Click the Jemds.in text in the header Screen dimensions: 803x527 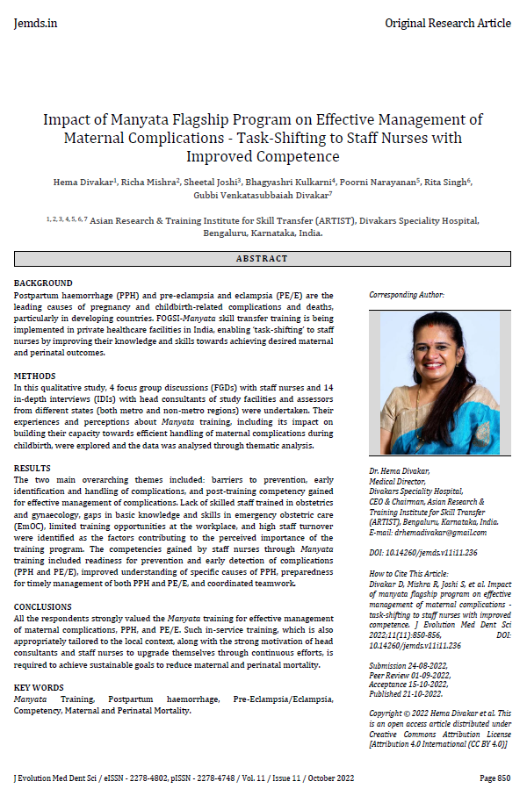tap(35, 23)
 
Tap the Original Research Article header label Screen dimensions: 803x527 tap(448, 23)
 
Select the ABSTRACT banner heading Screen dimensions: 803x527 tap(263, 259)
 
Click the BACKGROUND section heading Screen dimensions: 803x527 tap(43, 283)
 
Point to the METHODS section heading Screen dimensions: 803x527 tap(35, 375)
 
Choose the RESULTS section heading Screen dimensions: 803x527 tap(32, 469)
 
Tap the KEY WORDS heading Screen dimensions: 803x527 tap(39, 686)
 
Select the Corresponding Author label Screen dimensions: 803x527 tap(407, 296)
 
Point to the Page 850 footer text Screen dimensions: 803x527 tap(495, 778)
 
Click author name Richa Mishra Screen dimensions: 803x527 tap(155, 181)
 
